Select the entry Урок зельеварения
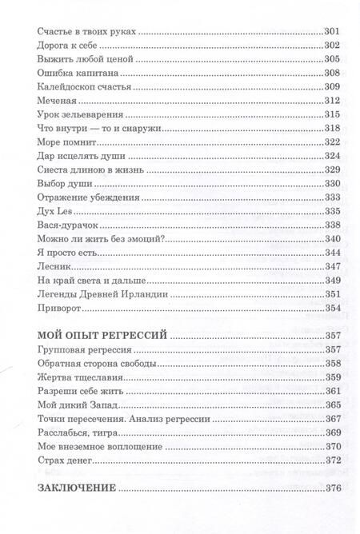[x=78, y=114]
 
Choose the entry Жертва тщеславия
[x=77, y=377]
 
